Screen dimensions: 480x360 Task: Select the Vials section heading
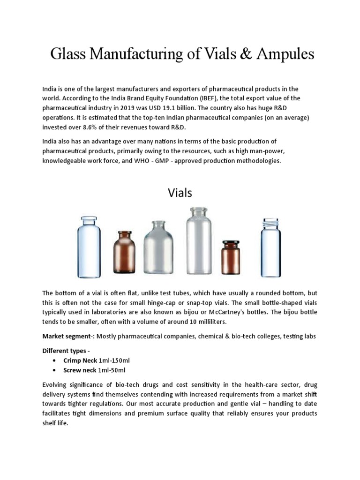180,193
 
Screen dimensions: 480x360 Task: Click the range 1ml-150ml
115,360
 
